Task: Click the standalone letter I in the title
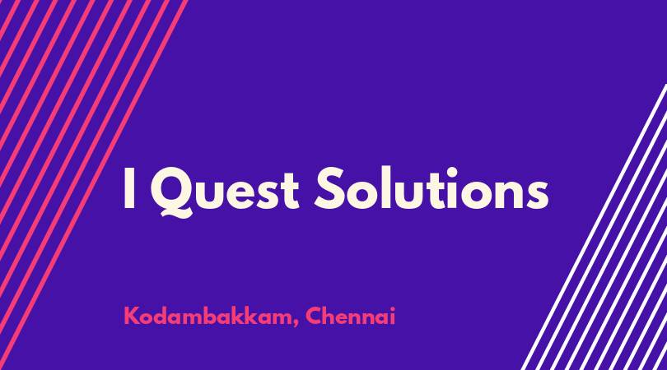tap(129, 188)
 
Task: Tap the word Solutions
tap(431, 188)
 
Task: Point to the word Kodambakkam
tap(208, 316)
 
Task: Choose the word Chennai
tap(351, 316)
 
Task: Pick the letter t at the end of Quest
tap(291, 191)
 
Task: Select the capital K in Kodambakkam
tap(132, 316)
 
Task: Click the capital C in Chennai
tap(315, 316)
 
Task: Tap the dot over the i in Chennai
tap(392, 309)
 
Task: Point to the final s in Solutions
tap(537, 196)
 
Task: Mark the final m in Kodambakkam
tap(282, 318)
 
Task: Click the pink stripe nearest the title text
tap(94, 185)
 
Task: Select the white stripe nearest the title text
tap(594, 227)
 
